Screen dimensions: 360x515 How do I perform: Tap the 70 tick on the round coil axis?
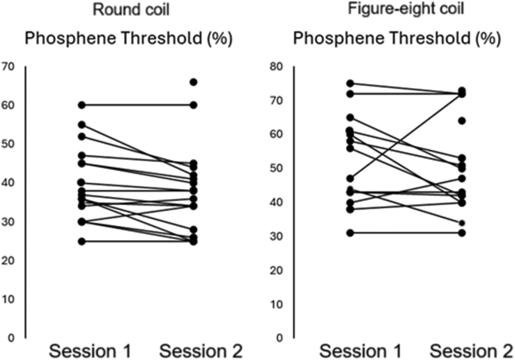coord(8,66)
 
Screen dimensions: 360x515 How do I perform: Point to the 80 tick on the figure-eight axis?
coord(276,66)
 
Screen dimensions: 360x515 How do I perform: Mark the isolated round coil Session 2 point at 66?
coord(193,82)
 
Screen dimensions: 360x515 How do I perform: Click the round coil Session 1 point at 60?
coord(80,105)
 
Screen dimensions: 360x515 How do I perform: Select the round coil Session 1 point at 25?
coord(80,241)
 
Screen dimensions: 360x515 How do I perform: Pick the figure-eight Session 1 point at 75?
coord(350,84)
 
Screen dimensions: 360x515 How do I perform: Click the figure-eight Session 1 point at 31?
coord(350,233)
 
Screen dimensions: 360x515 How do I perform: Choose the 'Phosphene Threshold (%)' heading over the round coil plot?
coord(121,40)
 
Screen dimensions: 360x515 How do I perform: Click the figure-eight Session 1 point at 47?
coord(350,178)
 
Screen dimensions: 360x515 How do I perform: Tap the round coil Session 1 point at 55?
coord(80,124)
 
